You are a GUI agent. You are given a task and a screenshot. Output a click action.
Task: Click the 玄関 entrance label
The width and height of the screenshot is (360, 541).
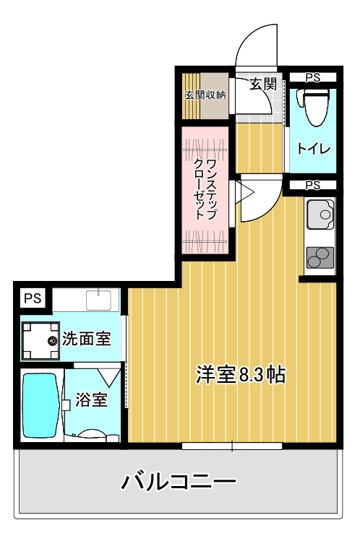click(264, 84)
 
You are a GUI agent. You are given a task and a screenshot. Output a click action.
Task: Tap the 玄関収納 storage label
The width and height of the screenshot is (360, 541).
click(205, 95)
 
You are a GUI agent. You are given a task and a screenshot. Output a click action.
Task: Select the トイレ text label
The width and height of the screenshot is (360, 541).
click(314, 149)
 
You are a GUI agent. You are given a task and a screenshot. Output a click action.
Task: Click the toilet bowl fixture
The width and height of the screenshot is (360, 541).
click(315, 107)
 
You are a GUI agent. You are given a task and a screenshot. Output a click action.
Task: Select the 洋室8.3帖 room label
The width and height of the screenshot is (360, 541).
click(240, 374)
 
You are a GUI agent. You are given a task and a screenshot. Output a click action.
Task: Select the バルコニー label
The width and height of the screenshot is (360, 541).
click(179, 480)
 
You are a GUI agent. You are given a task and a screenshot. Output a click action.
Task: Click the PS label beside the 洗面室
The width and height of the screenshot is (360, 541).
click(31, 298)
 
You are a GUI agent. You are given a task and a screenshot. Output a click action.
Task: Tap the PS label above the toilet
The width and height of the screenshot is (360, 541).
click(312, 77)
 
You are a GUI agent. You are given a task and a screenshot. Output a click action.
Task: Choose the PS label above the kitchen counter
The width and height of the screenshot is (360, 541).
click(312, 186)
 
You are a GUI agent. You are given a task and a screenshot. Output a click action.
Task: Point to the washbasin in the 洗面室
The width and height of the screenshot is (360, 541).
click(96, 298)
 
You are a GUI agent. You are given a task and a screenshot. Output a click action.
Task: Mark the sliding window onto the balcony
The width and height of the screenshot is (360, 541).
click(232, 446)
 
